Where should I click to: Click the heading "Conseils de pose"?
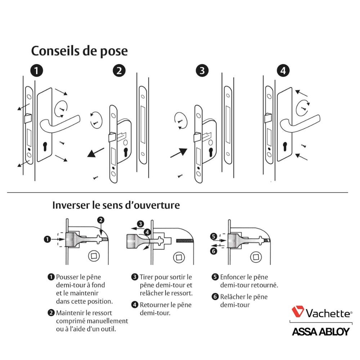pos(80,51)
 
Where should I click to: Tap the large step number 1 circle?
pos(37,71)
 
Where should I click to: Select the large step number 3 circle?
pos(202,71)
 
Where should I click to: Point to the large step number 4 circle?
pos(283,71)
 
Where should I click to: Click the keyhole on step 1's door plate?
pos(45,147)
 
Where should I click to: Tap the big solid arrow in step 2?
pos(96,153)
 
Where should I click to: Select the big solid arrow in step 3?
pos(179,153)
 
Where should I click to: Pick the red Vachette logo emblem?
pos(298,311)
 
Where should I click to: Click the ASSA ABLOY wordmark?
pos(321,332)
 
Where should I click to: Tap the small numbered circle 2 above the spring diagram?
pos(101,220)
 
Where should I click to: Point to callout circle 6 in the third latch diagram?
pos(213,251)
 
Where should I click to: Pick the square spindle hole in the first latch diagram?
pos(94,256)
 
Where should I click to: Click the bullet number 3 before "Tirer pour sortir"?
pos(135,277)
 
